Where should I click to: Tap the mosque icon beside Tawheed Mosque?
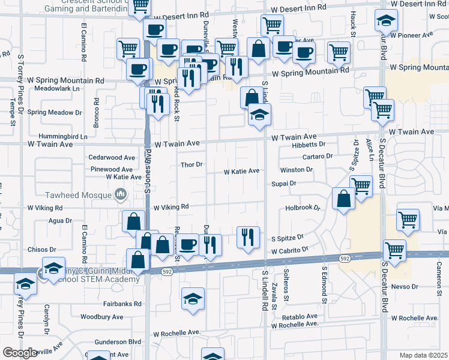pyautogui.click(x=121, y=194)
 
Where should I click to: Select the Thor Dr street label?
pyautogui.click(x=193, y=164)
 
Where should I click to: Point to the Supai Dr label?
pyautogui.click(x=284, y=183)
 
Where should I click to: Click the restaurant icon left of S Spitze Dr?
pyautogui.click(x=247, y=238)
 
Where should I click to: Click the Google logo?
pyautogui.click(x=20, y=353)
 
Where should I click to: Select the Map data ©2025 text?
pyautogui.click(x=423, y=355)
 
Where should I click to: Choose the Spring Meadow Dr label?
pyautogui.click(x=54, y=112)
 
